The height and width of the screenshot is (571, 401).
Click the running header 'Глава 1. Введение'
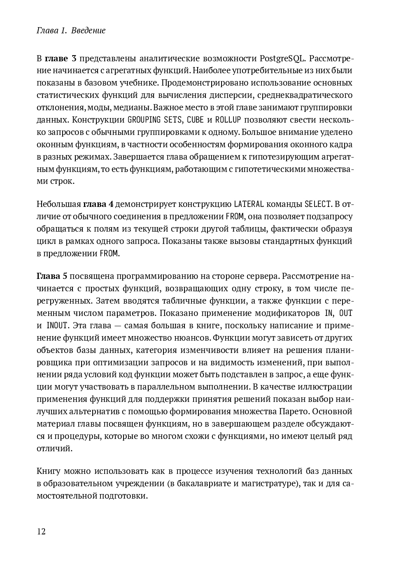(x=71, y=30)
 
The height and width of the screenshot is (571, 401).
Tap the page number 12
(x=41, y=531)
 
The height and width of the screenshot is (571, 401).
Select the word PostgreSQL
(x=282, y=58)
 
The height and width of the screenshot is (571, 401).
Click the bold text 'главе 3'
(x=61, y=58)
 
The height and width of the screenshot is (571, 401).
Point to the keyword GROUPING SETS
(x=155, y=120)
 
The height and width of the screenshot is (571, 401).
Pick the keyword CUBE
(x=195, y=120)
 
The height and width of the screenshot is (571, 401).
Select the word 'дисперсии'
(x=231, y=95)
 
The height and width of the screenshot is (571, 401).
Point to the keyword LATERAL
(x=248, y=204)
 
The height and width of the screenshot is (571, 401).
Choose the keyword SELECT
(x=318, y=204)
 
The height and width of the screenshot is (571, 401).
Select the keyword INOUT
(x=57, y=325)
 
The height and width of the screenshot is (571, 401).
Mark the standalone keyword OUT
(x=345, y=313)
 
